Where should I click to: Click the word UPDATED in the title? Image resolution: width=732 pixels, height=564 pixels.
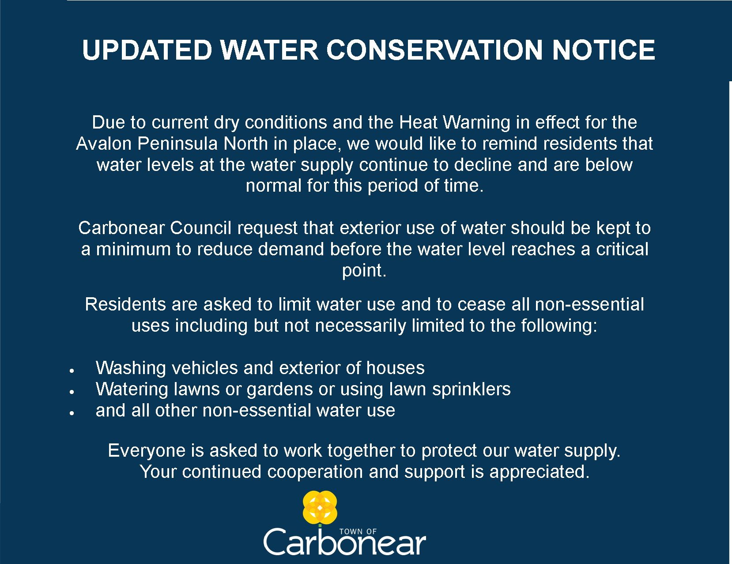(x=147, y=50)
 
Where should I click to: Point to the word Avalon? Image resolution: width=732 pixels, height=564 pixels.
(x=103, y=144)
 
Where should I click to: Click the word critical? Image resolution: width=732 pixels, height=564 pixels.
(x=622, y=250)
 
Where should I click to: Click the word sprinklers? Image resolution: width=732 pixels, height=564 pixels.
(x=471, y=389)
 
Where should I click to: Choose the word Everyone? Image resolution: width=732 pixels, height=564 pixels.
(x=147, y=451)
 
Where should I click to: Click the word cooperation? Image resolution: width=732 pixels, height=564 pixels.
(x=315, y=472)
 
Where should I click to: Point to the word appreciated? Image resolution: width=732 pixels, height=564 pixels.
(x=540, y=472)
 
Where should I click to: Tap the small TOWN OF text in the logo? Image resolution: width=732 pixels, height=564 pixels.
(x=358, y=532)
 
